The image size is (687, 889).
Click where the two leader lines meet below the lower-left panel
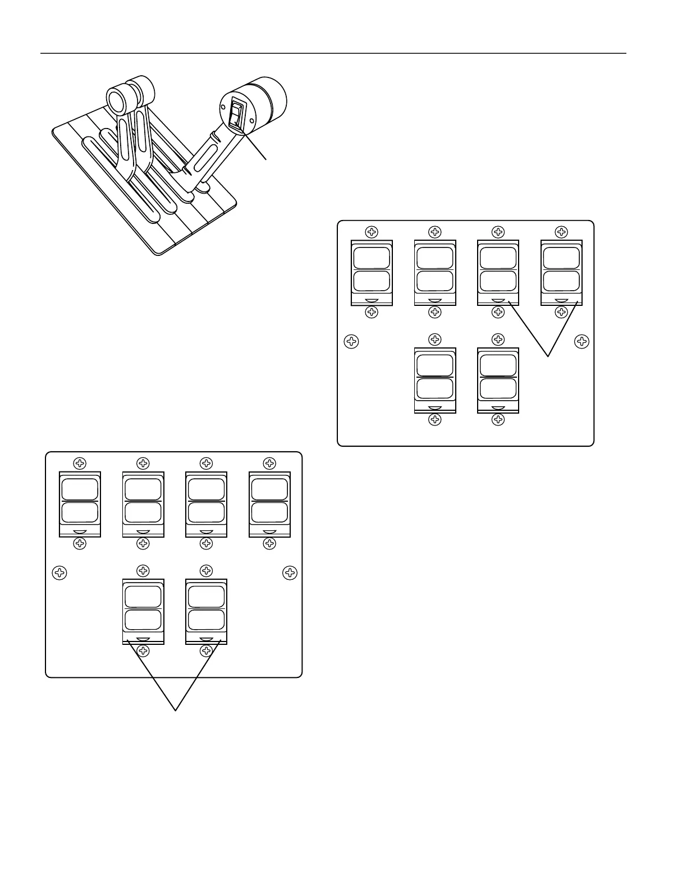pos(176,711)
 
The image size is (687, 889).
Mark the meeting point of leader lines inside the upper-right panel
pos(548,356)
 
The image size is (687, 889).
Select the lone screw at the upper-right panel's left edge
pos(351,341)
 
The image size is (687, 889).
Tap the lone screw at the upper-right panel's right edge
pos(582,341)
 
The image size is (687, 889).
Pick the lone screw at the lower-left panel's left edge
pos(59,572)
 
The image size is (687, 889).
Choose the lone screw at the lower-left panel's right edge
pos(290,572)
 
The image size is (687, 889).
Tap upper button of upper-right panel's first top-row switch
pos(372,258)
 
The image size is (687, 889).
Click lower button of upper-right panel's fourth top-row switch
pos(561,281)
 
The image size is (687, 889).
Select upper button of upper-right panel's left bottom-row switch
pos(435,365)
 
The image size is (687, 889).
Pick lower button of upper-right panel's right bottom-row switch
pos(498,388)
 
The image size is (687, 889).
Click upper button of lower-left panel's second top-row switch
pos(143,489)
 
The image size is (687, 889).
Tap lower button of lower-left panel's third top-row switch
pos(207,512)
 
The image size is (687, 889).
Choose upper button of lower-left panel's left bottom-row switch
pos(143,596)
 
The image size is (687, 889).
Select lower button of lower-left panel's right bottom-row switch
pos(207,620)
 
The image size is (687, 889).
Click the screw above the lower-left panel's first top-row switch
pos(80,464)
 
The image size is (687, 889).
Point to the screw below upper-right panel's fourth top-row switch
pos(561,313)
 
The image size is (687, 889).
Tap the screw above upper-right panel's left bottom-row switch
pos(435,339)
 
